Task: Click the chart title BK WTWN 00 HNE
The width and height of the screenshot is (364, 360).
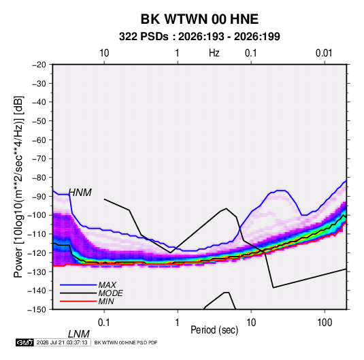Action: coord(199,19)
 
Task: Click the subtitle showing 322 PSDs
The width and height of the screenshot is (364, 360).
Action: coord(199,37)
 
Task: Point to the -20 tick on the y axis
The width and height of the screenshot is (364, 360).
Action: coord(39,65)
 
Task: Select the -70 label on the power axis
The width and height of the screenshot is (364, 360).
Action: coord(39,159)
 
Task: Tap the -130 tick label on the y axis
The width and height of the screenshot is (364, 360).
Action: coord(37,272)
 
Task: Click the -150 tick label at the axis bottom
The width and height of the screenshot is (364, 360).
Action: coord(37,310)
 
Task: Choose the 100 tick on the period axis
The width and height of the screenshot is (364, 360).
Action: coord(325,323)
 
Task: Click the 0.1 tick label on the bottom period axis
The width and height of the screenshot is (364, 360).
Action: coord(104,323)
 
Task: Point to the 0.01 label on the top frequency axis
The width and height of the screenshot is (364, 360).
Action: coord(324,53)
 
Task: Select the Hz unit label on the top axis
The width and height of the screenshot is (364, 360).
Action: coord(214,53)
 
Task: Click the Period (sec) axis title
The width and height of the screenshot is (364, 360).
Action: coord(214,330)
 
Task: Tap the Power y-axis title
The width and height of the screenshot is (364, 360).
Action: coord(18,187)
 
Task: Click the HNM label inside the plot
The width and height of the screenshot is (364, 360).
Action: coord(80,193)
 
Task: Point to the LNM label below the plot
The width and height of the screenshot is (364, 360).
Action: coord(78,334)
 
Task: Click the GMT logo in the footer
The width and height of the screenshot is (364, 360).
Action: coord(24,342)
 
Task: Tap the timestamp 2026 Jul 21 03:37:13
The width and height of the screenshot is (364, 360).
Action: coord(62,342)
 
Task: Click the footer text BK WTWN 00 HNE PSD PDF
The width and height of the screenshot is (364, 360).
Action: coord(126,342)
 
